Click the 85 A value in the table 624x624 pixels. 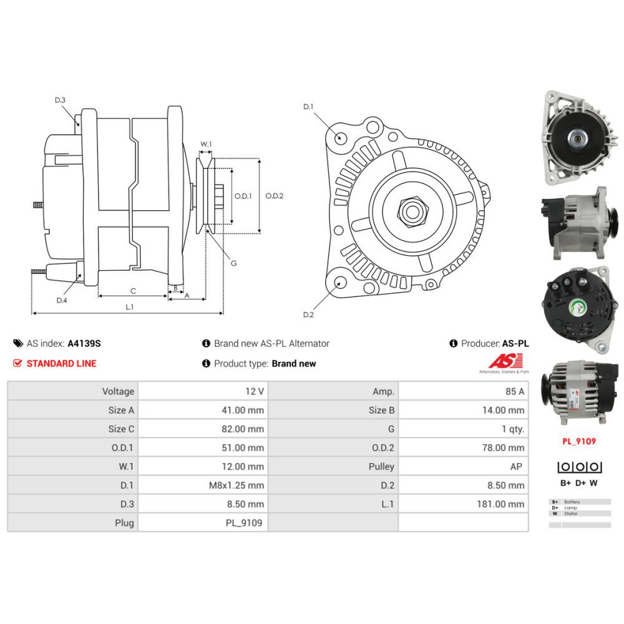(x=515, y=392)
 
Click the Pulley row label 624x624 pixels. (x=381, y=467)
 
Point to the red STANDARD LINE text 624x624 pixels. (x=61, y=363)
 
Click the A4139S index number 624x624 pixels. (x=84, y=343)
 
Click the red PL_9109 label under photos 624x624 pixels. (x=578, y=441)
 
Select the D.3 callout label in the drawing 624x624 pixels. (x=60, y=100)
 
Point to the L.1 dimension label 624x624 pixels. (x=130, y=306)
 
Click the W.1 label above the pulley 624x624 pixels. (x=206, y=144)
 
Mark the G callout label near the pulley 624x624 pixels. (x=233, y=263)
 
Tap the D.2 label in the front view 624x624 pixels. (x=308, y=314)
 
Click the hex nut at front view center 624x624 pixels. (x=411, y=211)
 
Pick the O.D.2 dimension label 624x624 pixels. (x=275, y=195)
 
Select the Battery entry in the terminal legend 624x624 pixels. (x=572, y=502)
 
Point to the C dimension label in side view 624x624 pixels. (x=132, y=291)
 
